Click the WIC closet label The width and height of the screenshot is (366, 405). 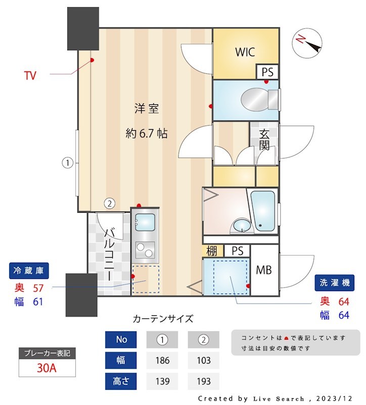(245, 52)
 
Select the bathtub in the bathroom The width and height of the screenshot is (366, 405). (263, 210)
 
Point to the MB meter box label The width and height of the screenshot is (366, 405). (263, 270)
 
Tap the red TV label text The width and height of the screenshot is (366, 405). (30, 76)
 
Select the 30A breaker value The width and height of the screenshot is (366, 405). (47, 368)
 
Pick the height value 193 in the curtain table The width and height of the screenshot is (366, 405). (203, 381)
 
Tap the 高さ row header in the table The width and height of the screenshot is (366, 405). (121, 381)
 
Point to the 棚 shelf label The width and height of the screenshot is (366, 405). (212, 251)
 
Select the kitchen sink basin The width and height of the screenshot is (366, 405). (146, 222)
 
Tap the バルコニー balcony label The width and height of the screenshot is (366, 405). (109, 253)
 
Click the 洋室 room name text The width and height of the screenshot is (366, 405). (147, 108)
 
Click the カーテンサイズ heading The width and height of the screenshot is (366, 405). (162, 319)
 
